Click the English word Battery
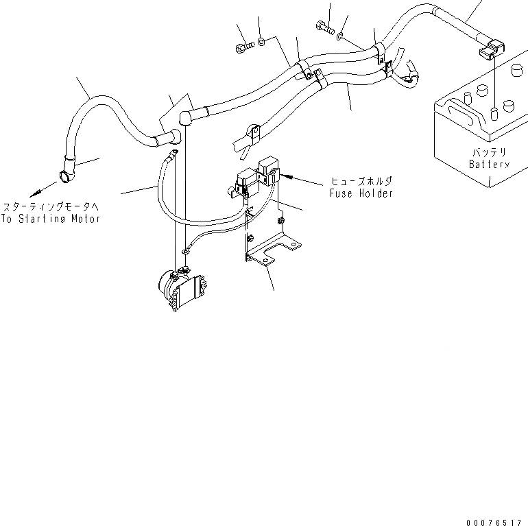pyautogui.click(x=489, y=165)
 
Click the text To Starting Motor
pyautogui.click(x=51, y=219)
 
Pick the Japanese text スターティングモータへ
pyautogui.click(x=52, y=206)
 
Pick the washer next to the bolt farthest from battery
pyautogui.click(x=262, y=43)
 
